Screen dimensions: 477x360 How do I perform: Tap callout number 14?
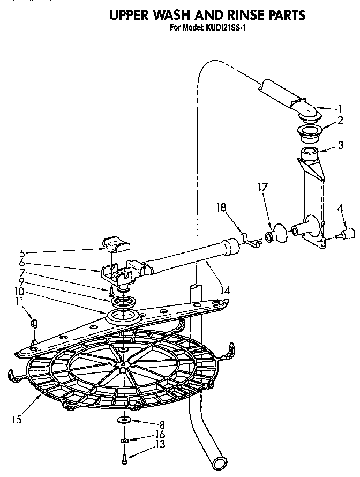[226, 290]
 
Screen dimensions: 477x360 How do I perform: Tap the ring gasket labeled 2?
[307, 131]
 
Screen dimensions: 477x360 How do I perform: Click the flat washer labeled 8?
[124, 419]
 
